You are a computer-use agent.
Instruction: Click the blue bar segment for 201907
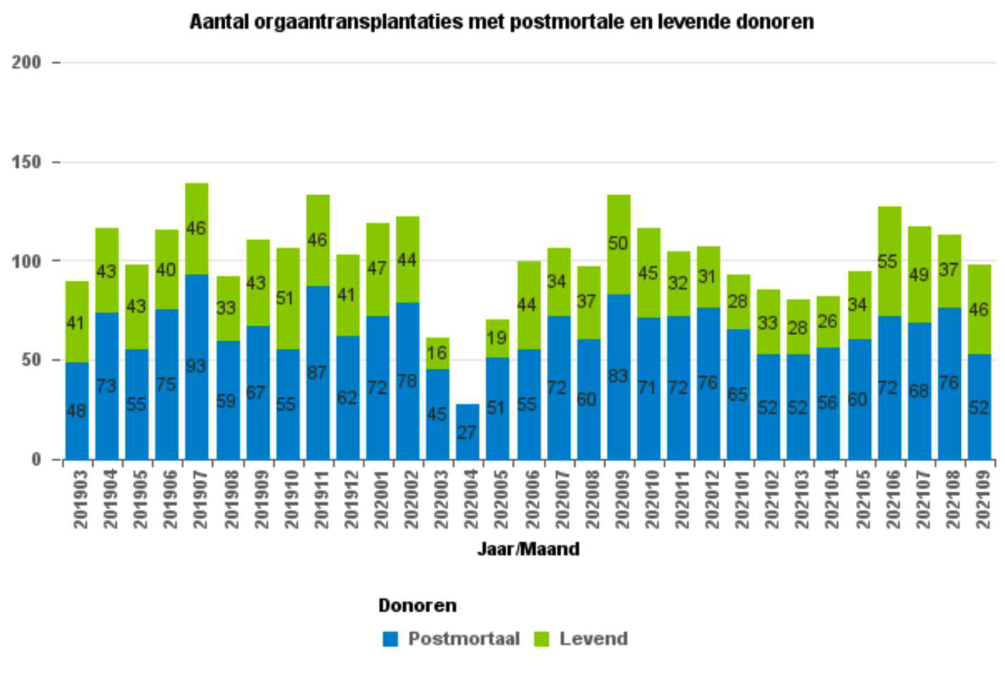point(197,387)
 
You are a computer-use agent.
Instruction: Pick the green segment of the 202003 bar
point(437,354)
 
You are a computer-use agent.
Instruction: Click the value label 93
point(197,366)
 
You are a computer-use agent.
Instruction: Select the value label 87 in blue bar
point(317,372)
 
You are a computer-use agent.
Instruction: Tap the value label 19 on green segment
point(497,337)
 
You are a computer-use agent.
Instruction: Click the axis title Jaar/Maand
point(528,550)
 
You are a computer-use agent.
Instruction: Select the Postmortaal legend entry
point(463,639)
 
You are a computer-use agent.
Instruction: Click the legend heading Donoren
point(417,605)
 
